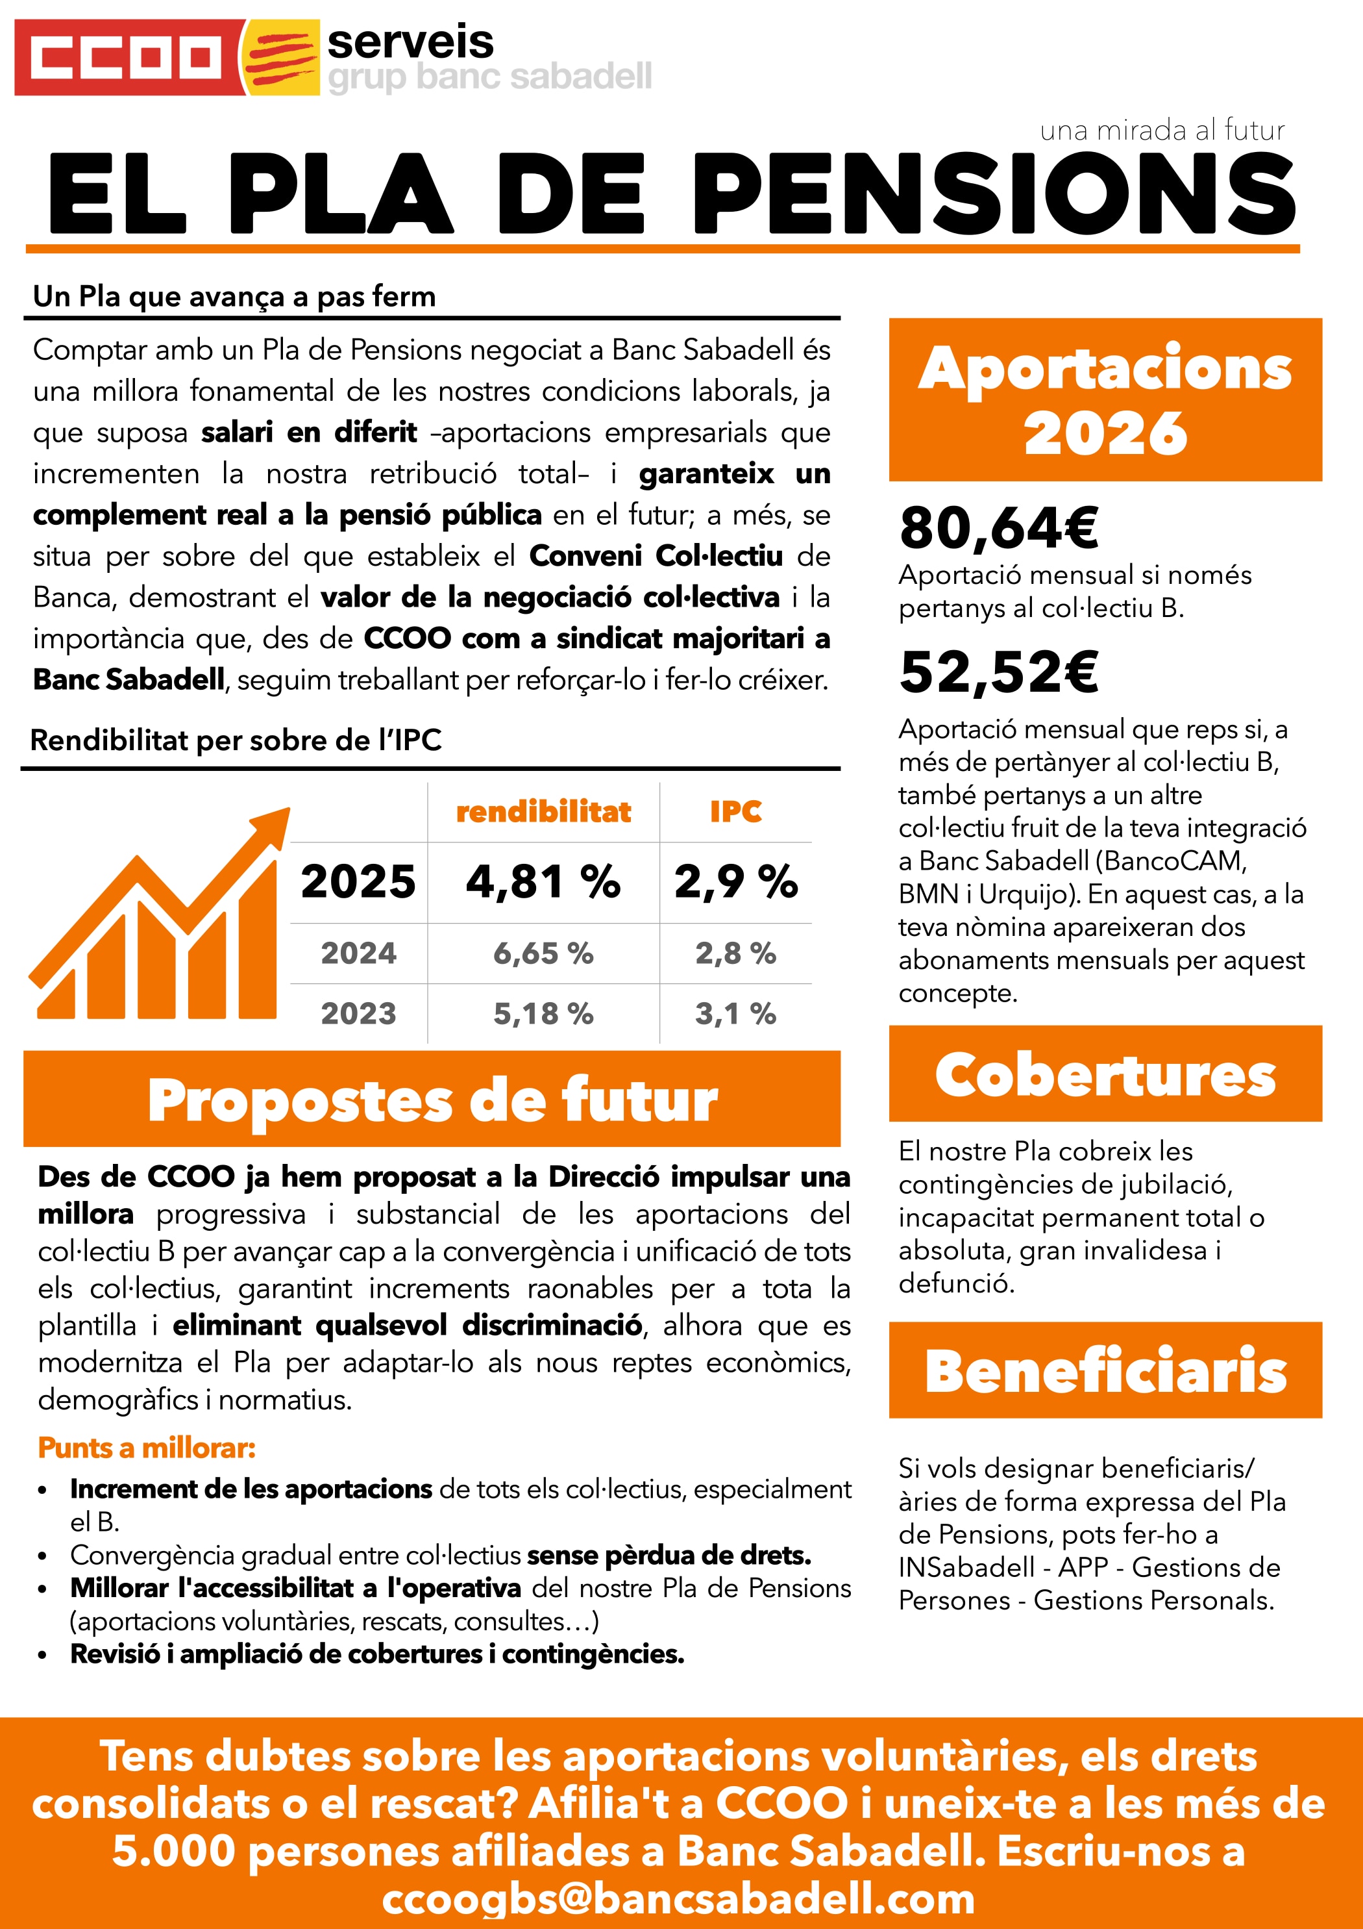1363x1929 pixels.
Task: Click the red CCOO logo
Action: point(126,57)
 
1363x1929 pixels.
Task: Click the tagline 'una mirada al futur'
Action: point(1161,131)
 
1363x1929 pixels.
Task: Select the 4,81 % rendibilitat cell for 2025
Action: point(543,882)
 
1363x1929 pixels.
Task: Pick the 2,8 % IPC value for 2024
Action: point(735,953)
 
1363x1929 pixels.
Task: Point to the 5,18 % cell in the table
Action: point(543,1014)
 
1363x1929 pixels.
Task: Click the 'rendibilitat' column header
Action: point(543,812)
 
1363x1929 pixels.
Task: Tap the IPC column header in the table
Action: point(735,812)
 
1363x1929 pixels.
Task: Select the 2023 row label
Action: point(358,1014)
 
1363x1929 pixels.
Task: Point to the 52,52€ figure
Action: point(998,672)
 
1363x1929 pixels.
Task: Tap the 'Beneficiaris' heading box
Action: point(1105,1370)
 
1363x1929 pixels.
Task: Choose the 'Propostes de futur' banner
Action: point(432,1100)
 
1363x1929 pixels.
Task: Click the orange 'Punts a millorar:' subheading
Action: point(147,1448)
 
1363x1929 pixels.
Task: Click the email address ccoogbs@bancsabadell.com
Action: point(678,1898)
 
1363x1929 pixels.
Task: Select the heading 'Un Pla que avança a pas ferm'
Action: point(234,297)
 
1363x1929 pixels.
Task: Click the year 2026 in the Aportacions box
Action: point(1105,433)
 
